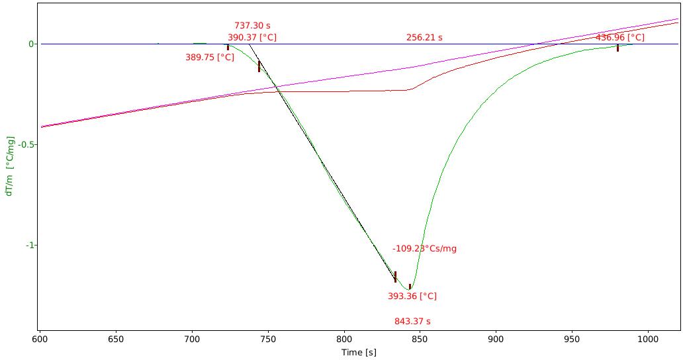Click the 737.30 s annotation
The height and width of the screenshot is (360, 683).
tap(252, 26)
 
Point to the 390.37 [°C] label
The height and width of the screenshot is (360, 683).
tap(252, 38)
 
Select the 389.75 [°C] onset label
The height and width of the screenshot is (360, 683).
tap(210, 57)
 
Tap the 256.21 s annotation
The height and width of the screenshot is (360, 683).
tap(424, 38)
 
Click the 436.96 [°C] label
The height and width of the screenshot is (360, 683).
tap(620, 38)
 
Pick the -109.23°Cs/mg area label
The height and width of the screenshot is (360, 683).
tap(424, 249)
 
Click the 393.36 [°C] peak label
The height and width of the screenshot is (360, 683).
tap(412, 296)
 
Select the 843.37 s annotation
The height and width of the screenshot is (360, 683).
tap(412, 322)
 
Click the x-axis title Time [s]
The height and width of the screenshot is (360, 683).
tap(359, 353)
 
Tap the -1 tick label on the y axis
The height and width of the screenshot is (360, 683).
tap(30, 245)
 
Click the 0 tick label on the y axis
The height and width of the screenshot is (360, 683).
tap(31, 44)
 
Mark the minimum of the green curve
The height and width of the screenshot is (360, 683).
tap(410, 289)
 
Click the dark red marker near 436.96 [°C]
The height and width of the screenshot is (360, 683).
tap(617, 48)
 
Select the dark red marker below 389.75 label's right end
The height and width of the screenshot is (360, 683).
tap(228, 47)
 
